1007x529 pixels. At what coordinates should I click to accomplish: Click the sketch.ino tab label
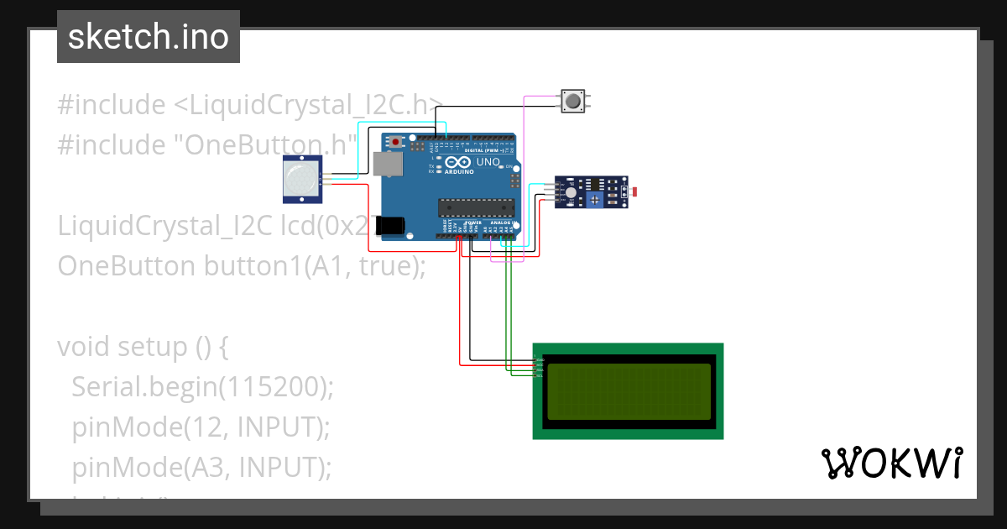coord(148,37)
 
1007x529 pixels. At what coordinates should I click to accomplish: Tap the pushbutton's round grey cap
coord(573,102)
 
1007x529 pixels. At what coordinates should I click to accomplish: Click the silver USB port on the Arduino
coord(389,164)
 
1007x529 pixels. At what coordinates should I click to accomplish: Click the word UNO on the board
coord(488,161)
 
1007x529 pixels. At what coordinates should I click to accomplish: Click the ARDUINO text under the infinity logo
coord(459,171)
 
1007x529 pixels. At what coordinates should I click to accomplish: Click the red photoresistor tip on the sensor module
coord(634,192)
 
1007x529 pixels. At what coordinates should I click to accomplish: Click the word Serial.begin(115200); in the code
coord(202,386)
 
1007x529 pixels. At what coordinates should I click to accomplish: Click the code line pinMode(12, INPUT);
coord(201,427)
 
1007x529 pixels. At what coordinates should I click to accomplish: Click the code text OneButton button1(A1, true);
coord(242,266)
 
